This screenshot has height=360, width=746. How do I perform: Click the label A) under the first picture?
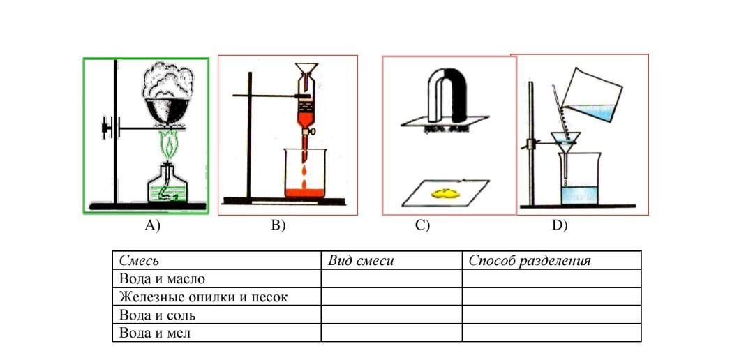(x=152, y=225)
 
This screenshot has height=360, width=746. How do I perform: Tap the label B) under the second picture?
(x=278, y=225)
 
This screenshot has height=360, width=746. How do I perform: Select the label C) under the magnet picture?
(x=422, y=225)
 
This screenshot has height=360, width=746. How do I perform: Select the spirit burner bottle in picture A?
(x=167, y=185)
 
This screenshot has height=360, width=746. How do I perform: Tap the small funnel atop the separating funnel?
(x=304, y=70)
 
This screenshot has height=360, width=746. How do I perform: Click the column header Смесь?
(x=139, y=261)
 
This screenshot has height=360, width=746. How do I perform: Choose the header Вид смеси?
(x=361, y=261)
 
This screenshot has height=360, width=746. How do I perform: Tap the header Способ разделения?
(x=530, y=261)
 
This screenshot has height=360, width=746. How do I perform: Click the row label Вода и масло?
(x=163, y=279)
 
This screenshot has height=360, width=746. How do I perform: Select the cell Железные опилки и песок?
(x=203, y=297)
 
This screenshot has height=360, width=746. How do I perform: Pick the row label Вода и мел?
(x=155, y=333)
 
